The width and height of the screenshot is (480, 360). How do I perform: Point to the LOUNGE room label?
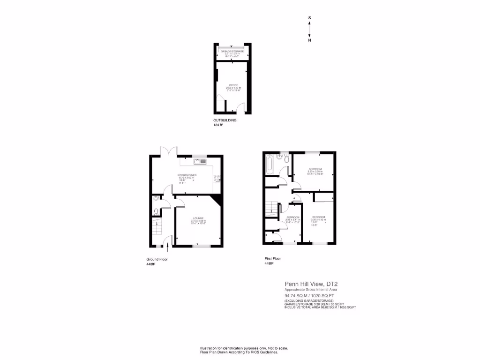click(x=197, y=218)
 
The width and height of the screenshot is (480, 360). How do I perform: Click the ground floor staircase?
click(x=157, y=229)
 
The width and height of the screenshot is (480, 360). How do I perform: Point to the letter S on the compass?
click(x=309, y=18)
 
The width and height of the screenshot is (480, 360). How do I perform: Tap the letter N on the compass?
click(x=309, y=40)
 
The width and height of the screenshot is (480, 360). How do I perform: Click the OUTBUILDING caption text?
click(x=225, y=120)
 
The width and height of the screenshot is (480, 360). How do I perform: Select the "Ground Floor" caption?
click(x=157, y=259)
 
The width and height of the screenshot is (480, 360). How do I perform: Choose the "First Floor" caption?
click(x=274, y=259)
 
